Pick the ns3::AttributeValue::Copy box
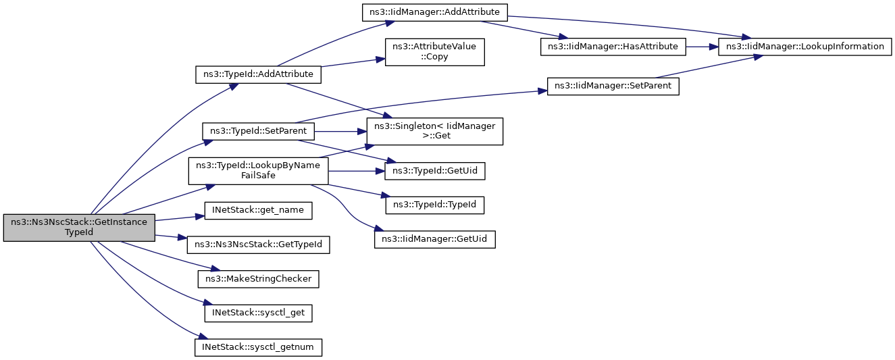[x=434, y=52]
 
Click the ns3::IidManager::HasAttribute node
[x=613, y=47]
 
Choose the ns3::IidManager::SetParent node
[x=613, y=86]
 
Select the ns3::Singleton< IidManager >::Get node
[x=434, y=130]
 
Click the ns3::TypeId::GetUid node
[x=434, y=171]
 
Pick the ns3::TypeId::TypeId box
[x=434, y=204]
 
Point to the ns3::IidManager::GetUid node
[x=435, y=238]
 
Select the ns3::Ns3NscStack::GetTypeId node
[x=258, y=245]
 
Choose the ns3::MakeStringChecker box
[x=258, y=278]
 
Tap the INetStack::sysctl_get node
[x=258, y=313]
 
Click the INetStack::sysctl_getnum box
[x=258, y=347]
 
